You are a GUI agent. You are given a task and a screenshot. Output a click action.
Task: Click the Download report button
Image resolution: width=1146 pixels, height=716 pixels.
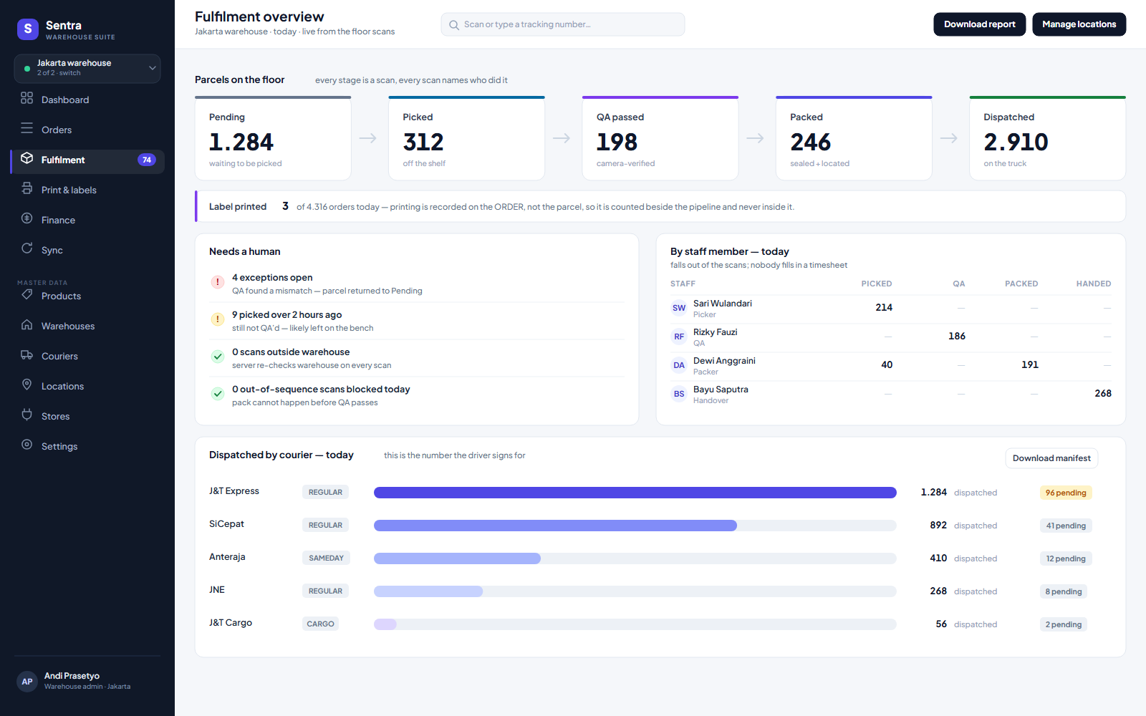(979, 24)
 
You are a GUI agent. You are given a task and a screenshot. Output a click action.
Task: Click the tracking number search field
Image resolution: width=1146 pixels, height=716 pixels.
(563, 24)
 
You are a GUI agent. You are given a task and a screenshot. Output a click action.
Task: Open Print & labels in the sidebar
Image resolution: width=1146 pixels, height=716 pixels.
(69, 190)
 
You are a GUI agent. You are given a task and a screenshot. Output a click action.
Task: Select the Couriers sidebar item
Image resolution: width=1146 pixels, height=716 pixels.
(59, 356)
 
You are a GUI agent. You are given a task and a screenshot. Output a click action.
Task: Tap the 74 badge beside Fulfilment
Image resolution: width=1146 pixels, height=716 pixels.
(146, 160)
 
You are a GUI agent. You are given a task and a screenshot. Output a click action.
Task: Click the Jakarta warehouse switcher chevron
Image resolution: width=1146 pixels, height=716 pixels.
(152, 67)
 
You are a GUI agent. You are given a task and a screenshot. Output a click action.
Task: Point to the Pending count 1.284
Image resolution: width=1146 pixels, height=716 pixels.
(241, 142)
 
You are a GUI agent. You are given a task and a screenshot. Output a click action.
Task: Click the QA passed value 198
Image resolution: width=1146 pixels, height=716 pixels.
(617, 142)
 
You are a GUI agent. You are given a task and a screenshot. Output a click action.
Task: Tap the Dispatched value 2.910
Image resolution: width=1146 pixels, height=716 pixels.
(1016, 142)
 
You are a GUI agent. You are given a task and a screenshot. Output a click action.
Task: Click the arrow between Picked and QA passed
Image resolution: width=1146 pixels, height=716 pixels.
(562, 138)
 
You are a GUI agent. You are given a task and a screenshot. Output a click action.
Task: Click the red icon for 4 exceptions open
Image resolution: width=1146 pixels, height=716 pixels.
(218, 282)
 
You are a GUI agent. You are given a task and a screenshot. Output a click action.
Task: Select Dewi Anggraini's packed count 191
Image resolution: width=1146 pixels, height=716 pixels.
(1029, 364)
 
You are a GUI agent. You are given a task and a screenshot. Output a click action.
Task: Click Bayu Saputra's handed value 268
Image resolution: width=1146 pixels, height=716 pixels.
(1102, 393)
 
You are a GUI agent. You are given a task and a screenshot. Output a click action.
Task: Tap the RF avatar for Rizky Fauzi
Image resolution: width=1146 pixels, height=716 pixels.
(679, 337)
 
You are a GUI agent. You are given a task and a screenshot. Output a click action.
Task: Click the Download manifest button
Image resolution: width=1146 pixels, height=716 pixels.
(1051, 458)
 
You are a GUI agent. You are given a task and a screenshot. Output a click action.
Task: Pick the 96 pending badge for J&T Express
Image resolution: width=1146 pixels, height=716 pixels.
(1066, 493)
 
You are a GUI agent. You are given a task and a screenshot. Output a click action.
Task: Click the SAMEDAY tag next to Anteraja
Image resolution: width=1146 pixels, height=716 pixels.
(326, 558)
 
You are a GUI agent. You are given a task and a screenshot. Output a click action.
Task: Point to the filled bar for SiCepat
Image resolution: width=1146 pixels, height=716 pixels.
(555, 526)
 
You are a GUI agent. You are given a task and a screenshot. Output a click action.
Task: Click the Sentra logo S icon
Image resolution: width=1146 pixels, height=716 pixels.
(28, 29)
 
